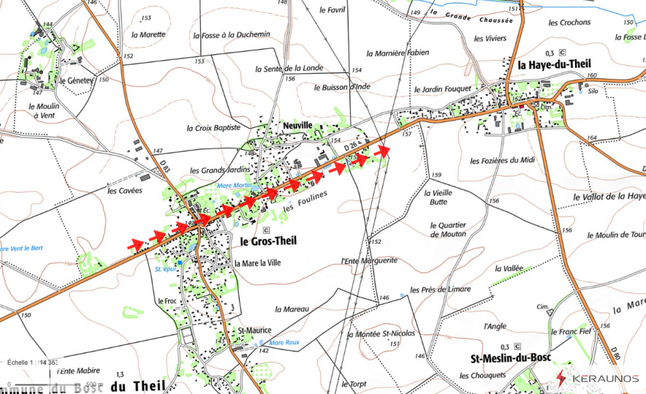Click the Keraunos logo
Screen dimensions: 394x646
pos(597,378)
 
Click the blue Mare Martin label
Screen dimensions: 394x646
pos(234,186)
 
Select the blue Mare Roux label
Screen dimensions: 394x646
pos(285,343)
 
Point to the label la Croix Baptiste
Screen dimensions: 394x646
pos(213,129)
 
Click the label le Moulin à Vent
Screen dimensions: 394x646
pos(44,110)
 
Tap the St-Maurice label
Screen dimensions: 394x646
pos(255,330)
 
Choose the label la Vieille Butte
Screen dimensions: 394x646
pos(439,197)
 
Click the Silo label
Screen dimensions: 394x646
pos(593,92)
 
